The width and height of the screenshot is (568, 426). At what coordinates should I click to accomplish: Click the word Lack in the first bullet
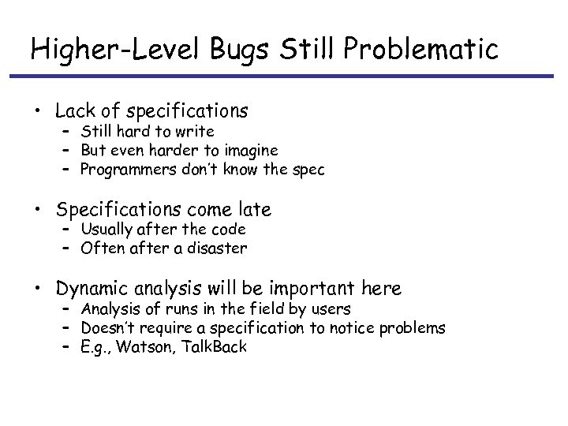tap(75, 111)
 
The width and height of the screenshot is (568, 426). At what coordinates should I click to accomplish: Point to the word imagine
tap(251, 150)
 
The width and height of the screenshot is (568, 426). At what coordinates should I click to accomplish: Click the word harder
tap(166, 150)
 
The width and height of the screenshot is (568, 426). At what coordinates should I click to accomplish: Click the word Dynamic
tap(88, 289)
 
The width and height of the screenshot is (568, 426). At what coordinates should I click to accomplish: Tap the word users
tap(332, 308)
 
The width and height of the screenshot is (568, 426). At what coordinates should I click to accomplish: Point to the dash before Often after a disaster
tap(67, 248)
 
